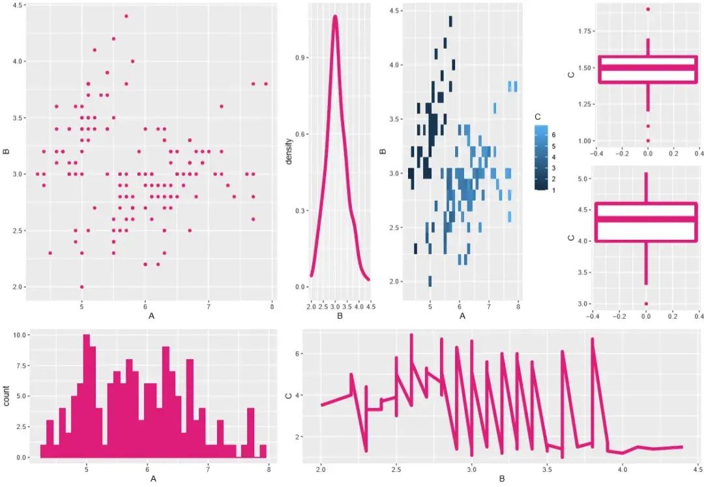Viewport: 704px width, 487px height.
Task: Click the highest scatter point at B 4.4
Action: tap(126, 16)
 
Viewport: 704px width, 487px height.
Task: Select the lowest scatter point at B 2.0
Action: tap(81, 287)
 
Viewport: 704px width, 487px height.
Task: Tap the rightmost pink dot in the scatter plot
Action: tap(266, 84)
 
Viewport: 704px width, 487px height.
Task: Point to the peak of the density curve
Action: tap(335, 17)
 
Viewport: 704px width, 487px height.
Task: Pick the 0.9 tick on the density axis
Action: tap(297, 58)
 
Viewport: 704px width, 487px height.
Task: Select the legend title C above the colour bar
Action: tap(538, 116)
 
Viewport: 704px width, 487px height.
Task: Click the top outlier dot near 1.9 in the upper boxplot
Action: tap(647, 9)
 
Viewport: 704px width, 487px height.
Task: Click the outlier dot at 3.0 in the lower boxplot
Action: tap(646, 304)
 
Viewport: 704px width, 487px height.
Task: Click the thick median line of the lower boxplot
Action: tap(647, 219)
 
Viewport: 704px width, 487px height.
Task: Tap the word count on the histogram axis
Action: tap(6, 396)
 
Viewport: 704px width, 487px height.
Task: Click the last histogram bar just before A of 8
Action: tap(263, 451)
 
